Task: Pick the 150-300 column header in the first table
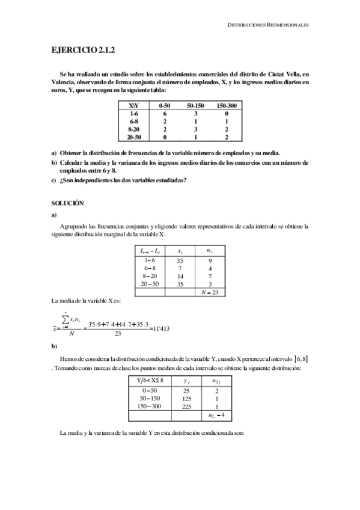(x=226, y=105)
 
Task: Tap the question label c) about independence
(x=54, y=183)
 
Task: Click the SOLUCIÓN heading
(x=67, y=204)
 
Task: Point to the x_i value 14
(x=179, y=276)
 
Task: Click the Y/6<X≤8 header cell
(x=150, y=380)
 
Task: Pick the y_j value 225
(x=187, y=406)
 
